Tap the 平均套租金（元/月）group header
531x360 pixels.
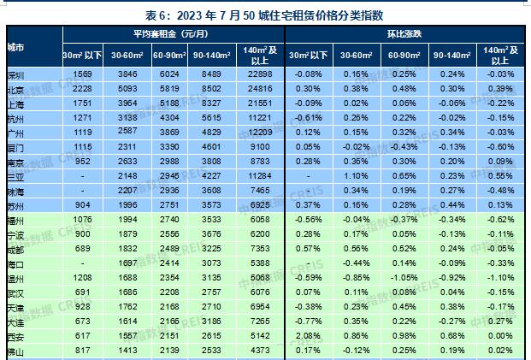coord(173,33)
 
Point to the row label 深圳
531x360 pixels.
coord(15,74)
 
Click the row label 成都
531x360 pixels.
coord(15,247)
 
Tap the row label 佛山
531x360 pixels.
coord(15,350)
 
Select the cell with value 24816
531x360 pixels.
coord(260,87)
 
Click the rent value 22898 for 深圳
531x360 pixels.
coord(260,74)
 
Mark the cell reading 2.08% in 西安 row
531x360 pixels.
coord(308,337)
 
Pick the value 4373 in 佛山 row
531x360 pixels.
coord(260,350)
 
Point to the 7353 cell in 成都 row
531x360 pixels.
coord(260,247)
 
